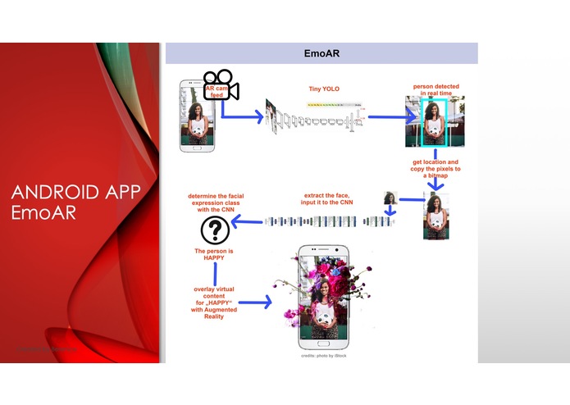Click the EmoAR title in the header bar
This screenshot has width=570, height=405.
(x=321, y=53)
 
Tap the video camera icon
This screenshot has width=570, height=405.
(x=221, y=85)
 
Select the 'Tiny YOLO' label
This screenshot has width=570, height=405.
(x=323, y=89)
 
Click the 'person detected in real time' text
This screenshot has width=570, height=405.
(x=435, y=90)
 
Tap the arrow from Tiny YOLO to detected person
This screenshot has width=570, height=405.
(x=386, y=117)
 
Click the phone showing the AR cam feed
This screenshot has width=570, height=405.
(x=196, y=116)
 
